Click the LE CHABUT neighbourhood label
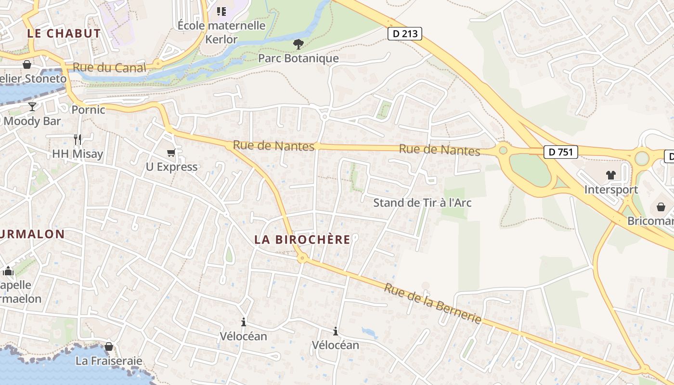pyautogui.click(x=64, y=33)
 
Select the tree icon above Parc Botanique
pyautogui.click(x=298, y=45)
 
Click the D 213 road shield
pyautogui.click(x=404, y=34)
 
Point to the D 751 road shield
pyautogui.click(x=560, y=152)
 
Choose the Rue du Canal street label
pyautogui.click(x=109, y=67)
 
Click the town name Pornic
pyautogui.click(x=88, y=110)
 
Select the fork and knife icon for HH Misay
pyautogui.click(x=78, y=140)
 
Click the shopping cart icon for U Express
pyautogui.click(x=171, y=153)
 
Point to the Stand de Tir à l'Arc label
pyautogui.click(x=422, y=203)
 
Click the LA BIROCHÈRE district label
pyautogui.click(x=302, y=239)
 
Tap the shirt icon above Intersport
pyautogui.click(x=611, y=175)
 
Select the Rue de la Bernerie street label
pyautogui.click(x=433, y=303)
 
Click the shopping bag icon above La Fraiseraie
pyautogui.click(x=109, y=346)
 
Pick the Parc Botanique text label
pyautogui.click(x=298, y=58)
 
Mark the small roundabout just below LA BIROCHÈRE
pyautogui.click(x=302, y=258)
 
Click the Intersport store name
pyautogui.click(x=611, y=190)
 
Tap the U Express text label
pyautogui.click(x=172, y=167)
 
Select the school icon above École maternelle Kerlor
pyautogui.click(x=221, y=11)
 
